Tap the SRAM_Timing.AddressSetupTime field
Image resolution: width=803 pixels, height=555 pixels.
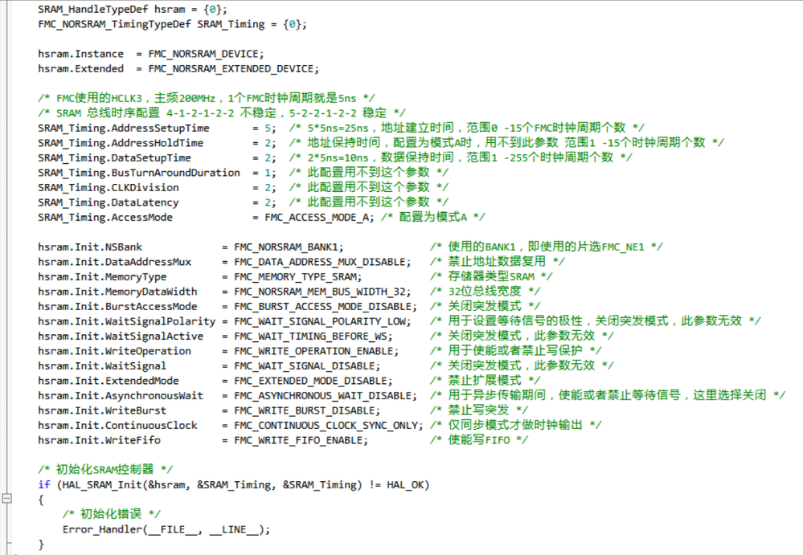[124, 129]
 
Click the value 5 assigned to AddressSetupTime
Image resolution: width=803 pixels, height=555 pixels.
[268, 129]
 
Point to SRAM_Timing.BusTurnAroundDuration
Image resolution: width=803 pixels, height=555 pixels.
[139, 173]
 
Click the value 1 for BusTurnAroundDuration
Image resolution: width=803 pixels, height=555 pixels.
[268, 173]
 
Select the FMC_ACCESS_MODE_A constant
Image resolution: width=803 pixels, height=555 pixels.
[317, 218]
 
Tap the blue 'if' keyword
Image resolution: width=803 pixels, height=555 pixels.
[44, 485]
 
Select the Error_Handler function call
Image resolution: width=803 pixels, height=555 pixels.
[102, 529]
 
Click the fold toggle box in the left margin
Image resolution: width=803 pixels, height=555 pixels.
[6, 498]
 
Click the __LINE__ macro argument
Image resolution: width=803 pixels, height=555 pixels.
[234, 529]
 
